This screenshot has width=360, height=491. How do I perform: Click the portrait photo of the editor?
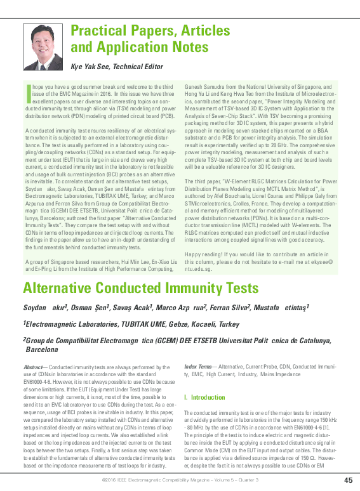(43, 46)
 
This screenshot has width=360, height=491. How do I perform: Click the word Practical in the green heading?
(97, 30)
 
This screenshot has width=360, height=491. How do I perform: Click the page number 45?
(348, 479)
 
